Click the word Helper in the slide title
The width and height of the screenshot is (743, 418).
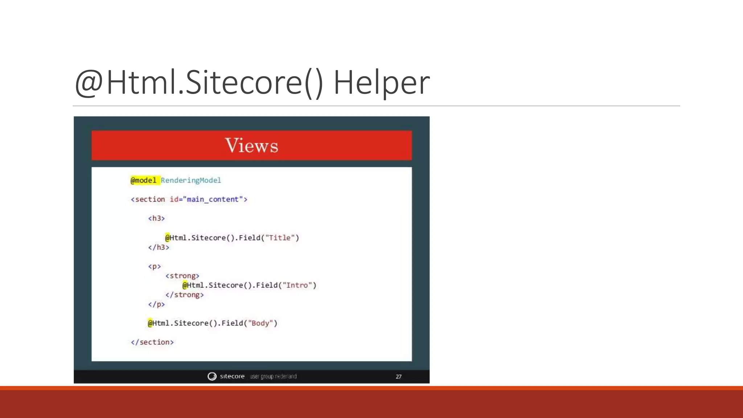(x=381, y=83)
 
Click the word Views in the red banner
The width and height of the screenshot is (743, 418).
(x=251, y=146)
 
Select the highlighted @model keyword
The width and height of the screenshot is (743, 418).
(x=144, y=180)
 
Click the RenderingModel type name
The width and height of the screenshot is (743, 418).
(x=191, y=180)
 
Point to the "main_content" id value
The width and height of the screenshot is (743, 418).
(x=213, y=199)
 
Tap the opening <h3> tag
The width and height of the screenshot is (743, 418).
(x=156, y=218)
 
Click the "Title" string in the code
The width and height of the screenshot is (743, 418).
(x=280, y=238)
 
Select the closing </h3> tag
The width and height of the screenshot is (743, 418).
(x=159, y=247)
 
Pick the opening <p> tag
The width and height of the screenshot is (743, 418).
(x=154, y=266)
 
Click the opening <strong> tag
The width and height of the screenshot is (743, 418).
(x=182, y=276)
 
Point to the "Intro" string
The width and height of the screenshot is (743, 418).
(x=297, y=285)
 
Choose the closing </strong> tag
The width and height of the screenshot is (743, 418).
(x=184, y=295)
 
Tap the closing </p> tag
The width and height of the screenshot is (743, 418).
(x=156, y=304)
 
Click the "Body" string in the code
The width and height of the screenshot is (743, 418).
(x=260, y=323)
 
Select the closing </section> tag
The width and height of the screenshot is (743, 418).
(x=152, y=342)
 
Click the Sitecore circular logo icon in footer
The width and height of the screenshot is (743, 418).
(x=212, y=376)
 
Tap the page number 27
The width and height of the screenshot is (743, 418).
(x=398, y=377)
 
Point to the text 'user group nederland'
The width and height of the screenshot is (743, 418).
(x=273, y=376)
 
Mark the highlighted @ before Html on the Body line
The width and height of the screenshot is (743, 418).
(x=150, y=323)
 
